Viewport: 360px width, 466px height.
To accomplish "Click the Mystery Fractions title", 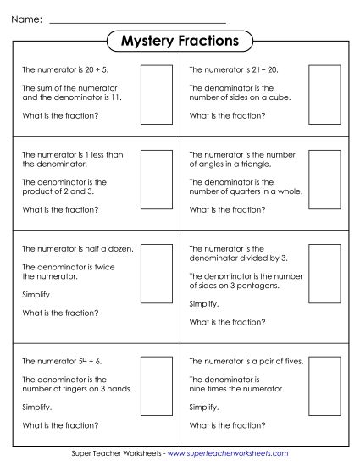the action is tap(180, 41).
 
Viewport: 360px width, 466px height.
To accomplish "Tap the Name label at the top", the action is tap(28, 18).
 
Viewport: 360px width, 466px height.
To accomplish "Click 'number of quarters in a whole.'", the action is tap(246, 191).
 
